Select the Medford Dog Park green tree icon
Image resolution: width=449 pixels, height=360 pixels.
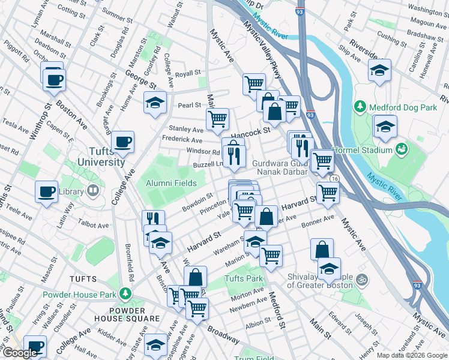pyautogui.click(x=360, y=107)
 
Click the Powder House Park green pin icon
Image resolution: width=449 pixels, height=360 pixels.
pyautogui.click(x=125, y=294)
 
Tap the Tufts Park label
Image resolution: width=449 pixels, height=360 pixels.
pyautogui.click(x=244, y=279)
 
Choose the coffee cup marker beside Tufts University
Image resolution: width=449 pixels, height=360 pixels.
pyautogui.click(x=123, y=143)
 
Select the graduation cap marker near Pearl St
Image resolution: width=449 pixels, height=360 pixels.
pyautogui.click(x=155, y=103)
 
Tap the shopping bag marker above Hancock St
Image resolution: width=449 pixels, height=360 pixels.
pyautogui.click(x=274, y=112)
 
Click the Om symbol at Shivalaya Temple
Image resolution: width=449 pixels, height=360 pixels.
pyautogui.click(x=362, y=279)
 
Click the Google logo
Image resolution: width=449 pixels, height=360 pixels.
pyautogui.click(x=20, y=353)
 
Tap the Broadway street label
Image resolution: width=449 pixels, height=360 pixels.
pyautogui.click(x=223, y=334)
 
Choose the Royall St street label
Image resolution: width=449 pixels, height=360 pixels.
pyautogui.click(x=188, y=73)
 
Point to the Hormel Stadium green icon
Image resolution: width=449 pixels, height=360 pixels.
pyautogui.click(x=402, y=148)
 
